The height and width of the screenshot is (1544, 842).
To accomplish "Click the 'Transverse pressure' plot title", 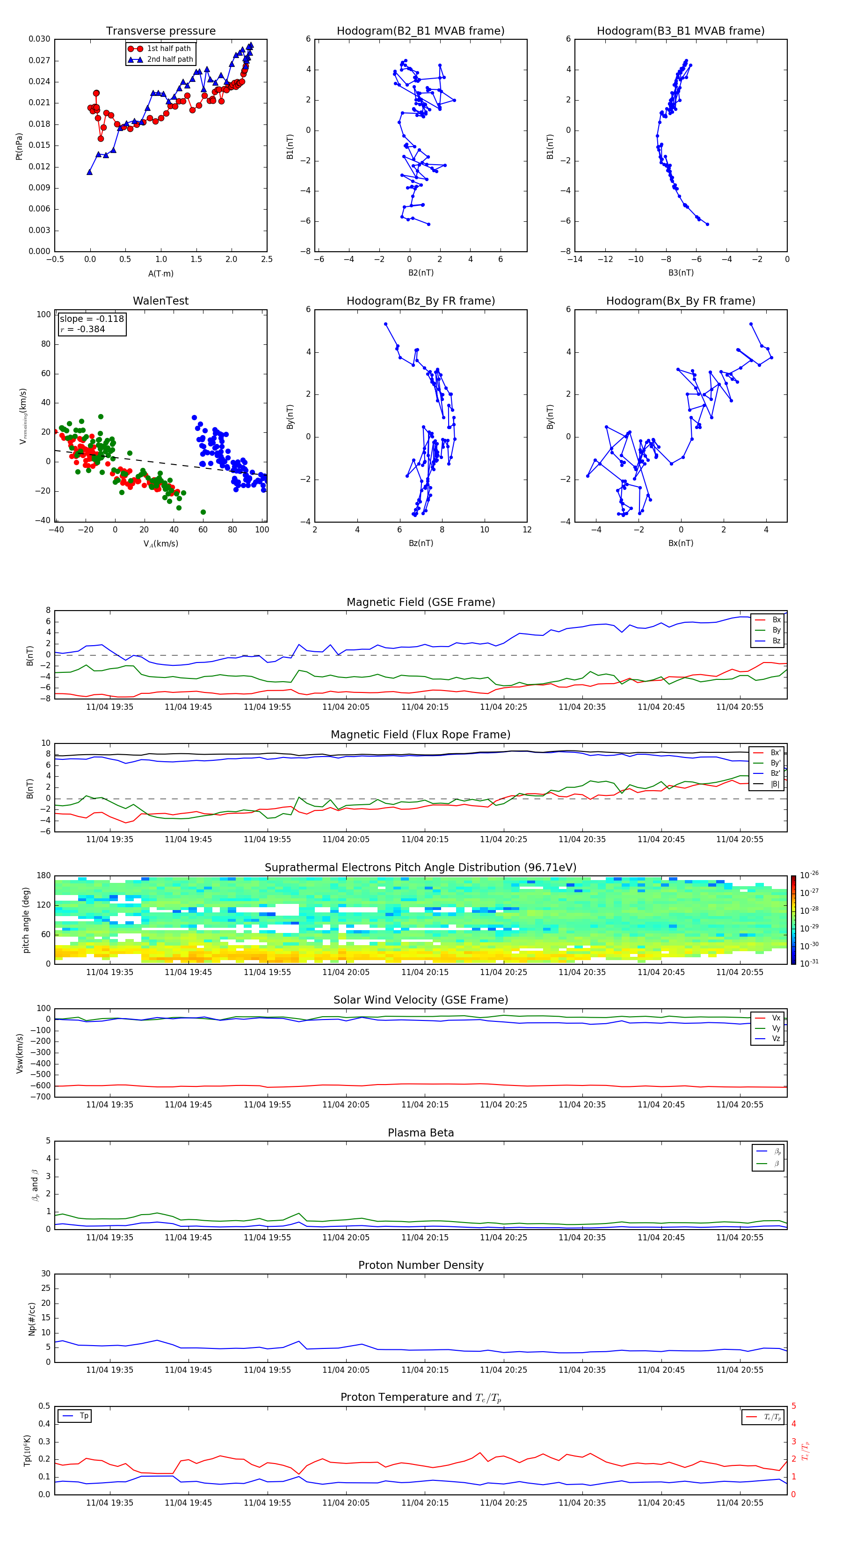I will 160,31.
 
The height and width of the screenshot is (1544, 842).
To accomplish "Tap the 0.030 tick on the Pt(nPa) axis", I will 40,39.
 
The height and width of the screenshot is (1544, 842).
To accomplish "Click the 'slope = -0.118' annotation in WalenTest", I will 92,319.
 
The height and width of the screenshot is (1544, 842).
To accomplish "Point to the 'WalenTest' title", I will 160,301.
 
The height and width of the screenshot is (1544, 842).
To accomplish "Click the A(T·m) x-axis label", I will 160,273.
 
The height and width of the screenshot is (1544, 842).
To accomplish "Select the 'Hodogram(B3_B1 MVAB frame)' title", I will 680,31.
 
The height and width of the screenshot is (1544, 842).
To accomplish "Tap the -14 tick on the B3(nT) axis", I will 575,260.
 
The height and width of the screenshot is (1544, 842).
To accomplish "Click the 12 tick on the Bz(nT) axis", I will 527,530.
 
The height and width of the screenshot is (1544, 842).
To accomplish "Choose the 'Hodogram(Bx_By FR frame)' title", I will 680,301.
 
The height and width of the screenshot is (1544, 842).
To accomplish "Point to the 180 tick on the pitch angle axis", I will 44,876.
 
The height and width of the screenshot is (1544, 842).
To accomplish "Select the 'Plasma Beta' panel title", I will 421,1133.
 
